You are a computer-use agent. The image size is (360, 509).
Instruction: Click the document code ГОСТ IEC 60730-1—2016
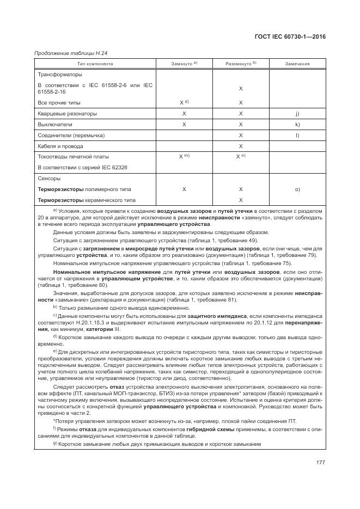tap(294, 37)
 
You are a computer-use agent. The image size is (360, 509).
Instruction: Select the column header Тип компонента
tap(94, 64)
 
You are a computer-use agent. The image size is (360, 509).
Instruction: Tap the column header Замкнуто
tap(182, 64)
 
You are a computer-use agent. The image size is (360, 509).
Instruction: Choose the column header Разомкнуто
tap(239, 64)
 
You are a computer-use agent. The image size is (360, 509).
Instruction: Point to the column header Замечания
tap(297, 64)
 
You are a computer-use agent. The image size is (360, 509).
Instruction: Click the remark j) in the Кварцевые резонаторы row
tap(297, 114)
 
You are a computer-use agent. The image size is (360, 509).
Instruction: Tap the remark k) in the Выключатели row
tap(297, 125)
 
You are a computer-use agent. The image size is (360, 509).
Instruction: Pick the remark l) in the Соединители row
tap(297, 135)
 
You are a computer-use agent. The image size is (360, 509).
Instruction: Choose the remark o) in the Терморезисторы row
tap(297, 189)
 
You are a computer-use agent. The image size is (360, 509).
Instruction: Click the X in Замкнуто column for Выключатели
tap(184, 125)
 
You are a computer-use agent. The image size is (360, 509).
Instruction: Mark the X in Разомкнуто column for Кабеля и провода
tap(241, 146)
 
